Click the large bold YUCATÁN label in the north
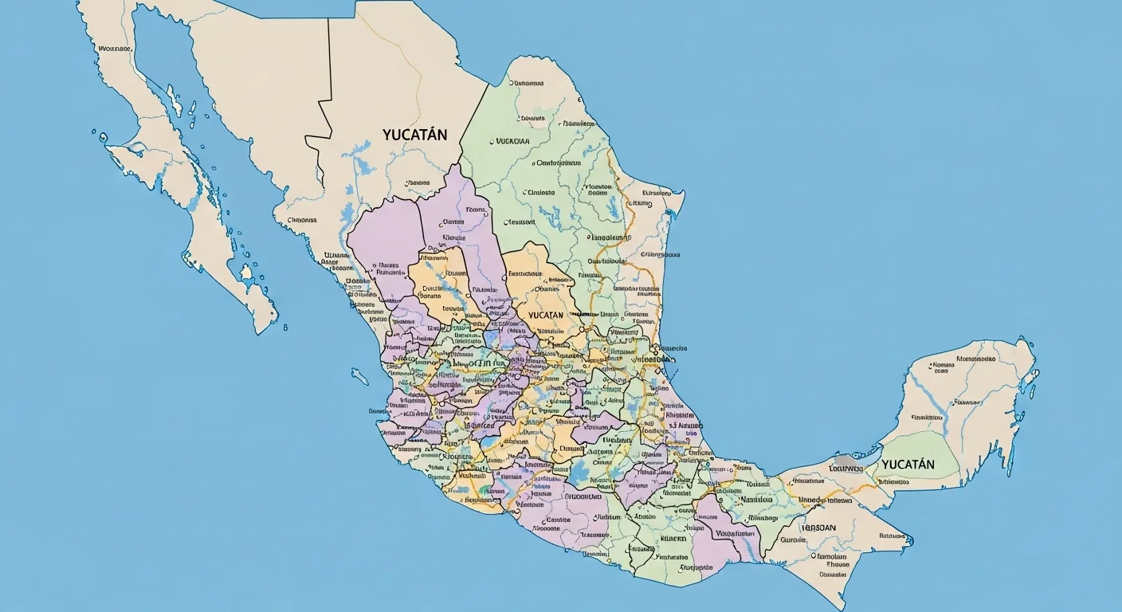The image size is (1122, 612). (414, 134)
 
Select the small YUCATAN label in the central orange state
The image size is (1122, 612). (545, 315)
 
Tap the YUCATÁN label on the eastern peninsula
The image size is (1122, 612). (908, 464)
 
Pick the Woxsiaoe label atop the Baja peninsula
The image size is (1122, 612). (115, 49)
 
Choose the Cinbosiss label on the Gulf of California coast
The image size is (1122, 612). (302, 220)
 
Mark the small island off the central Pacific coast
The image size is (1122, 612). (360, 375)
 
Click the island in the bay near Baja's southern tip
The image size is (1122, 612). (247, 274)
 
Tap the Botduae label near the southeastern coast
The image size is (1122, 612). (892, 536)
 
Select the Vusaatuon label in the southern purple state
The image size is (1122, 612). (735, 533)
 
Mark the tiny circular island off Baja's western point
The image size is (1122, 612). (104, 138)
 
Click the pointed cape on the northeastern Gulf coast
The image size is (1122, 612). (681, 194)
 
